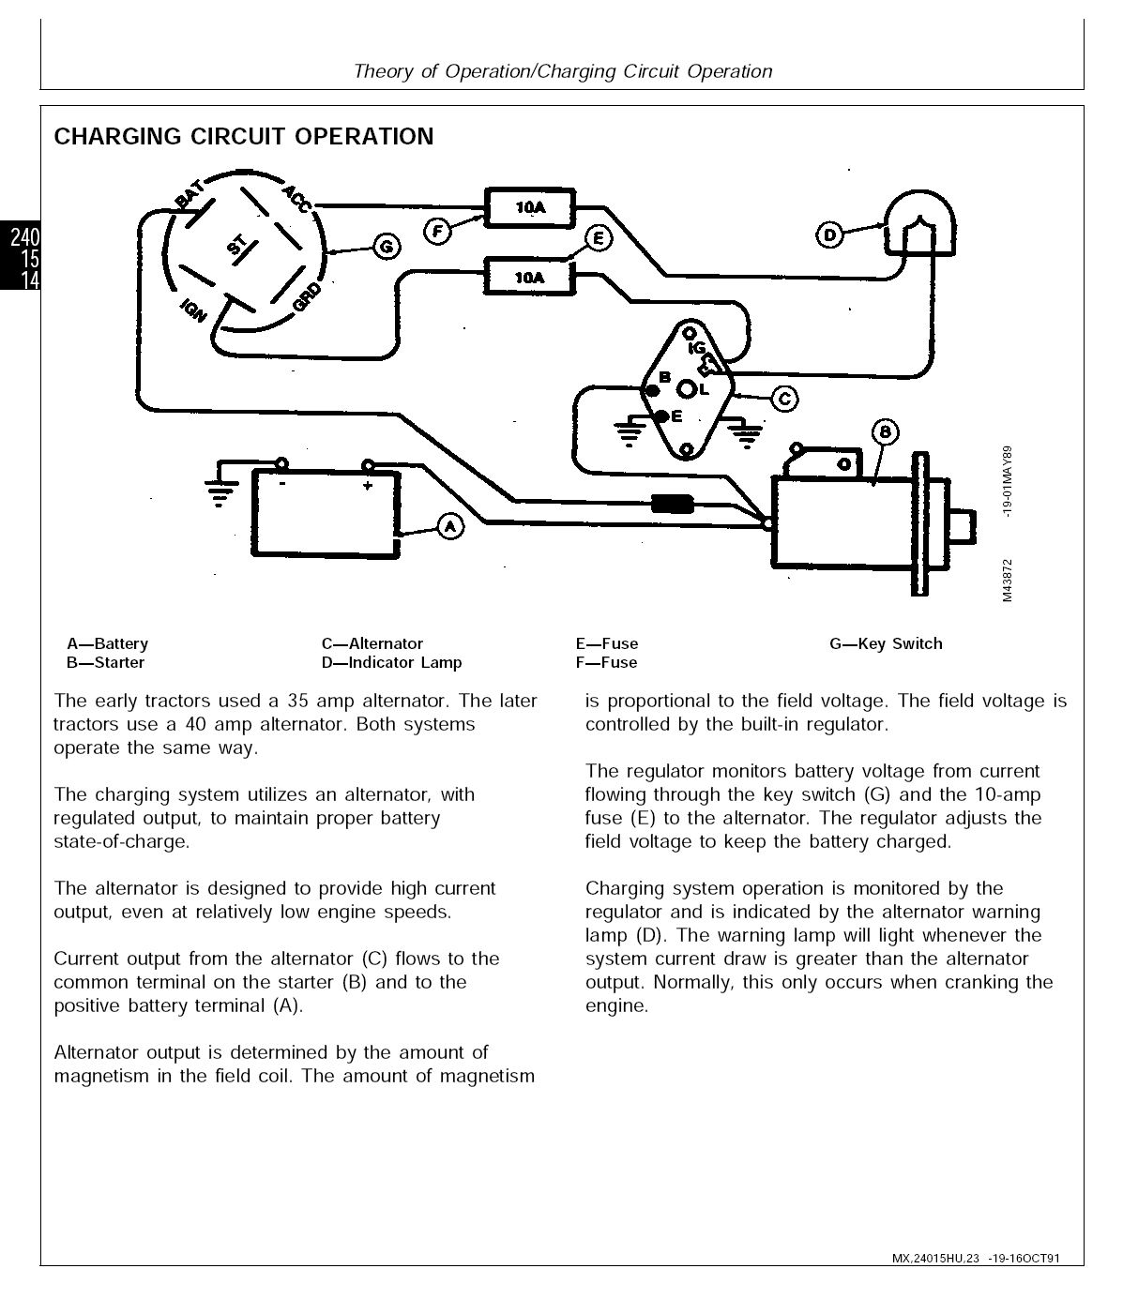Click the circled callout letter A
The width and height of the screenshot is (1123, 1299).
450,526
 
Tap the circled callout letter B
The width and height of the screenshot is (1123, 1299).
886,432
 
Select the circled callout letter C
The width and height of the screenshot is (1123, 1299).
784,399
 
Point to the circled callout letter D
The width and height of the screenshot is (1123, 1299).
829,234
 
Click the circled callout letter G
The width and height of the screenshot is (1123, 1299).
387,247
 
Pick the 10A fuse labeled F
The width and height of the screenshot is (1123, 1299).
530,207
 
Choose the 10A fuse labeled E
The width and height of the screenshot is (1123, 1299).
529,277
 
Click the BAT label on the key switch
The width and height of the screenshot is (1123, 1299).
188,198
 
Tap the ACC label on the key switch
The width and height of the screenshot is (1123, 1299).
297,199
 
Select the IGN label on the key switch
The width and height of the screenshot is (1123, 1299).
192,310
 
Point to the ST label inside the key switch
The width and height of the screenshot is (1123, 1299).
238,246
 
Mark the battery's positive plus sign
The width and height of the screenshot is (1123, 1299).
367,485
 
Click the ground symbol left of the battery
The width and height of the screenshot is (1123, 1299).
220,491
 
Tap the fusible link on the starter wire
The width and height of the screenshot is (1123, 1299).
672,505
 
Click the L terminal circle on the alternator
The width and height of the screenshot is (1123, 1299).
688,389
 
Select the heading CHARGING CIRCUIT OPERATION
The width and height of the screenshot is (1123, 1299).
244,137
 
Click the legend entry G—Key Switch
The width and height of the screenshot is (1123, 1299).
886,643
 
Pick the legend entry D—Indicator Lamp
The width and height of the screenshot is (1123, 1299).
391,662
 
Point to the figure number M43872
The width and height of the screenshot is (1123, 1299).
1007,582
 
